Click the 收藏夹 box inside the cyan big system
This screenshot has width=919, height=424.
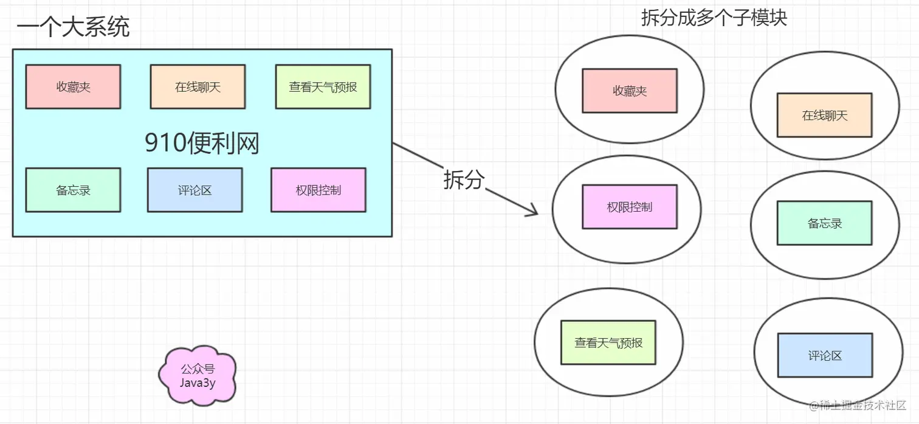point(73,87)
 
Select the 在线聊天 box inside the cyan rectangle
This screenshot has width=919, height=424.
point(198,87)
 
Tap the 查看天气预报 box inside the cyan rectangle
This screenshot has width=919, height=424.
point(323,87)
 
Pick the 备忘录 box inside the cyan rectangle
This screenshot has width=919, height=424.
point(73,190)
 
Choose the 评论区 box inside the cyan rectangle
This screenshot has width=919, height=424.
point(194,190)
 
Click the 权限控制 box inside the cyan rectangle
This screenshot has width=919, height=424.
point(318,190)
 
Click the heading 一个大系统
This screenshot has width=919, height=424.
point(73,28)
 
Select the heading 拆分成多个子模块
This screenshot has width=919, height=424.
point(714,18)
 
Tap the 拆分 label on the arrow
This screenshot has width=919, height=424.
point(464,180)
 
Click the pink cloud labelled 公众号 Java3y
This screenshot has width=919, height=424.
point(198,376)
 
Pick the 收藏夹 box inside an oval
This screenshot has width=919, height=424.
point(629,91)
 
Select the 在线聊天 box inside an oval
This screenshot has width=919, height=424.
point(824,115)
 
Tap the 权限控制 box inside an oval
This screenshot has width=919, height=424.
point(629,207)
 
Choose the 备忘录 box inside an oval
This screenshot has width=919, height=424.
point(824,223)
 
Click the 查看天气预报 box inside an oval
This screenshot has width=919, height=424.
point(608,342)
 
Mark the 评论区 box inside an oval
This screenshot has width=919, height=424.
point(825,355)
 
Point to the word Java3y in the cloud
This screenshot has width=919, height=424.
point(198,383)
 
